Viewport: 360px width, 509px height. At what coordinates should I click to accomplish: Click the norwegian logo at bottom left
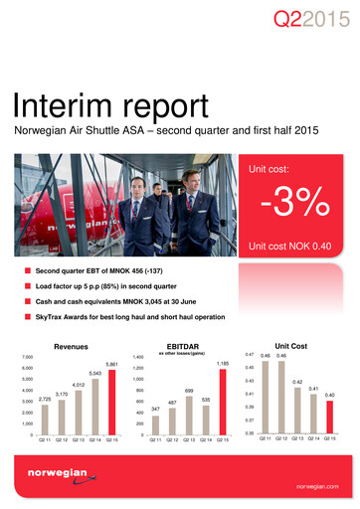tap(44, 478)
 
